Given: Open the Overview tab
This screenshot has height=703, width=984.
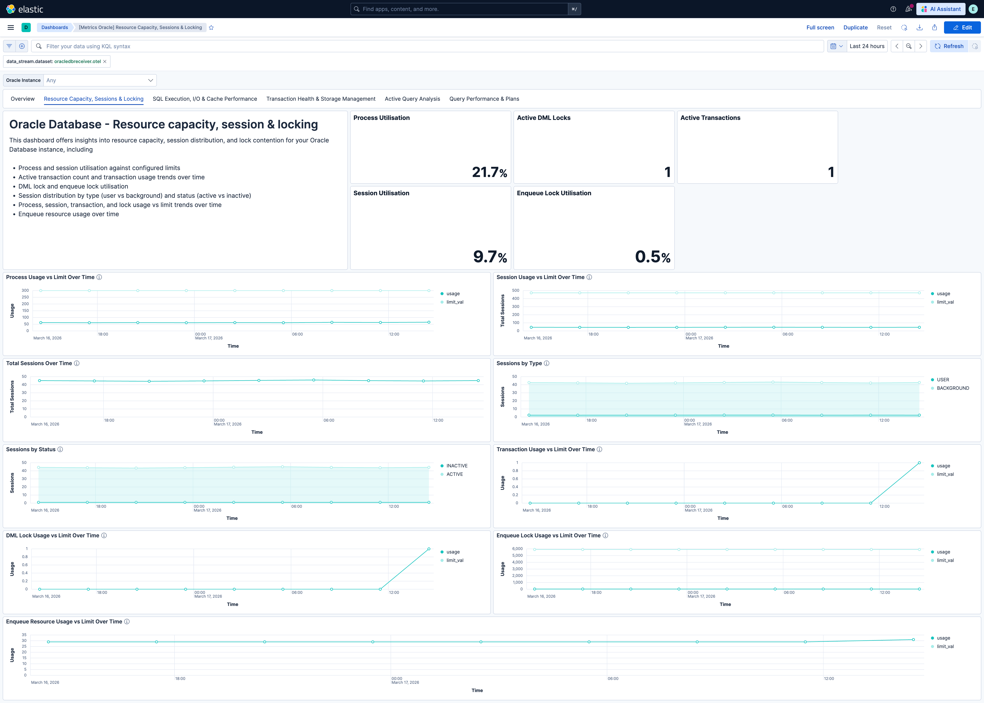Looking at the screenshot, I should [22, 99].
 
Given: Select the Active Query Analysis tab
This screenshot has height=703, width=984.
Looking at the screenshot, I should [412, 99].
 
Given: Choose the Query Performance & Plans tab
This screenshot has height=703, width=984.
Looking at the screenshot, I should [484, 99].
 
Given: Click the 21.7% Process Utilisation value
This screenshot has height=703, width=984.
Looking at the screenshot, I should [489, 172].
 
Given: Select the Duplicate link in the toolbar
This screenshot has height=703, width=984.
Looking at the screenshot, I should [855, 27].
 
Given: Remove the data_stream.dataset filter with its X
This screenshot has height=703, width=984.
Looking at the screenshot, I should [105, 61].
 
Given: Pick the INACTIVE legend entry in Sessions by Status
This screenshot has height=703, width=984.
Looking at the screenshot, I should [457, 466].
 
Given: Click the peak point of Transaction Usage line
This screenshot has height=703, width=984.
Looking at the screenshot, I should [919, 463].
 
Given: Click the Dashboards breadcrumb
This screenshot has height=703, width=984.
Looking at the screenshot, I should [55, 27].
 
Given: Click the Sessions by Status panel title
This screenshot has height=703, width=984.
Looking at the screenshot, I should [31, 449].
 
